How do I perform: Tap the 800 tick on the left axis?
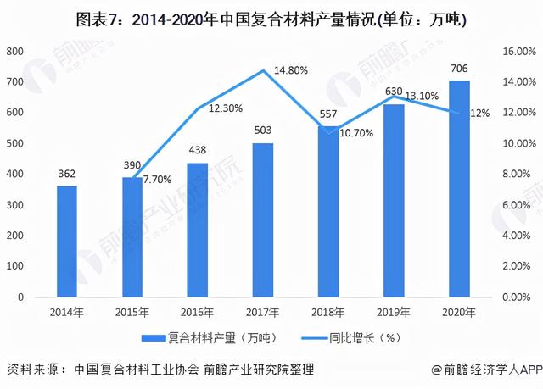pos(15,52)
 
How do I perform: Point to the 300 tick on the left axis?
pos(15,206)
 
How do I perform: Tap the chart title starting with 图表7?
pos(271,19)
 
